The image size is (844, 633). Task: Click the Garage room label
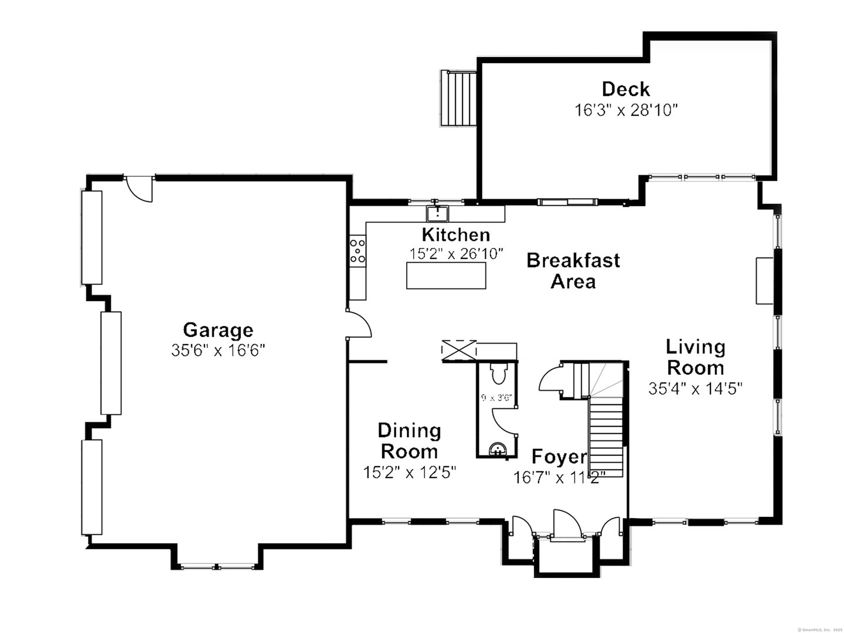(x=218, y=330)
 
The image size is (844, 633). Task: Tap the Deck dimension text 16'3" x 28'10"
(x=626, y=110)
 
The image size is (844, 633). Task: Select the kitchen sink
(x=437, y=212)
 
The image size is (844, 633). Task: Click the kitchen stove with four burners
(x=358, y=250)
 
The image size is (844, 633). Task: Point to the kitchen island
(x=446, y=275)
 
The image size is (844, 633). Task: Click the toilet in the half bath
(x=499, y=373)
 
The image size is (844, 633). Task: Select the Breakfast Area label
(x=573, y=270)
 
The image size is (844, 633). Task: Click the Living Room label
(x=696, y=357)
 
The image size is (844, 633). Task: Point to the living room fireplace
(x=764, y=280)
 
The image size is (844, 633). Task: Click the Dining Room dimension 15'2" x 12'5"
(x=410, y=472)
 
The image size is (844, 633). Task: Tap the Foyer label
(x=559, y=457)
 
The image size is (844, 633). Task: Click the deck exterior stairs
(x=459, y=98)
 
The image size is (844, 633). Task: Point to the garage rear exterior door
(x=139, y=188)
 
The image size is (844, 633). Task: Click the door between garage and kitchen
(x=359, y=325)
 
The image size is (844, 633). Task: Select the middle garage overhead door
(x=111, y=363)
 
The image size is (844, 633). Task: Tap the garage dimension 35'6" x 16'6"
(x=218, y=350)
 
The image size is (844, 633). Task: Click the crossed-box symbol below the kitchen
(x=460, y=350)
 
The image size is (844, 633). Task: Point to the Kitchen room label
(x=456, y=234)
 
